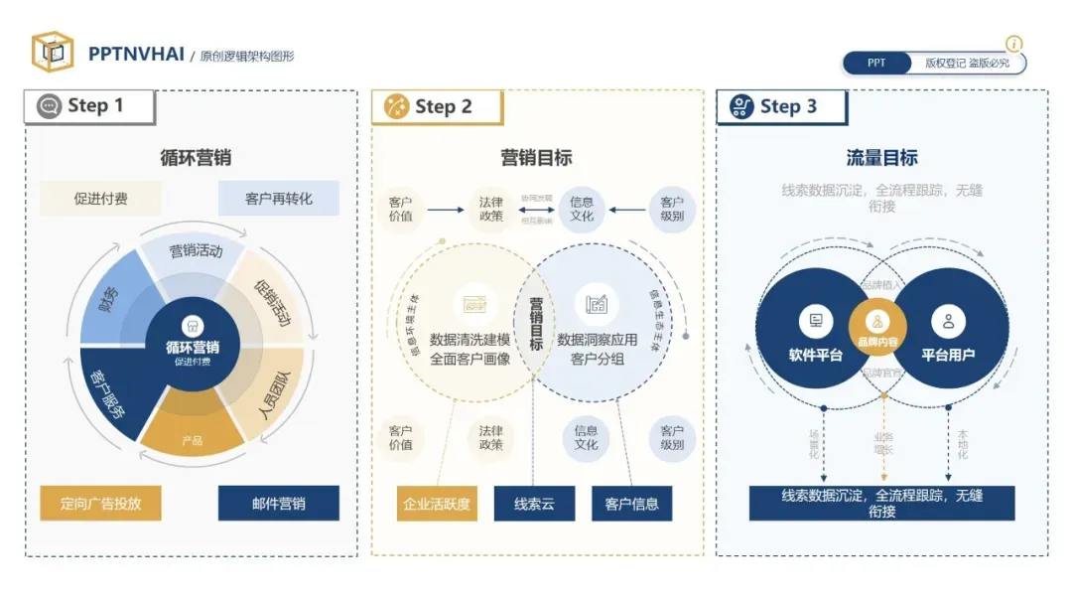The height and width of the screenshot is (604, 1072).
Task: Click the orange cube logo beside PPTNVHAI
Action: pos(53,53)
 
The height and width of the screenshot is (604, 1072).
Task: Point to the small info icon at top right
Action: pos(1013,44)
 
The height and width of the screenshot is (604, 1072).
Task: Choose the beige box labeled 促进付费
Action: pos(100,198)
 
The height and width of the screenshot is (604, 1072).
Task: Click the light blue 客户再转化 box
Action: pos(278,198)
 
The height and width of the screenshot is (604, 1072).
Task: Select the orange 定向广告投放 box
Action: pos(100,503)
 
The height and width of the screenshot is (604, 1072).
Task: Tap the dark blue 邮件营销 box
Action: pos(278,503)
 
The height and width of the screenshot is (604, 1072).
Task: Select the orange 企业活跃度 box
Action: pos(436,503)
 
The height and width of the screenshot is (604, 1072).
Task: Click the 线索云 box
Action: pos(534,503)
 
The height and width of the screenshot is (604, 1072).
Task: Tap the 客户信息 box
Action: pos(631,503)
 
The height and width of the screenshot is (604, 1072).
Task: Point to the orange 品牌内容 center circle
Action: pos(878,328)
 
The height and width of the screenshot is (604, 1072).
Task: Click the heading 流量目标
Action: pos(881,157)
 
